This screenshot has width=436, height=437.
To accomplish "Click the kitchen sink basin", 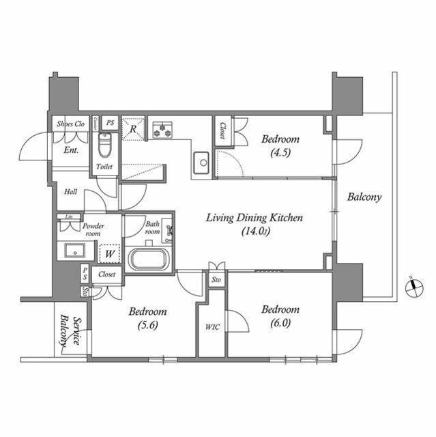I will point(202,163).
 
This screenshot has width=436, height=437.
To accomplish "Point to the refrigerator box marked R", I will point(134,128).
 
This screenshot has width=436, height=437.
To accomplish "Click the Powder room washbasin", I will point(73,250).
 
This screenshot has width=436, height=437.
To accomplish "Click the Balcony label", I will point(364,197).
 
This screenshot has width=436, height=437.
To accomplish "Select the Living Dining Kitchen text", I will point(255,218).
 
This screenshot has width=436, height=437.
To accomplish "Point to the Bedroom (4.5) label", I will point(280,145).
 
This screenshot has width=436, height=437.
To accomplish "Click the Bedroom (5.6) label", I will point(148,318).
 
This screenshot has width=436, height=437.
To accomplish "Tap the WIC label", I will point(212,326).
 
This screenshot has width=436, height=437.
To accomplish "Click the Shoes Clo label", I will point(70,124).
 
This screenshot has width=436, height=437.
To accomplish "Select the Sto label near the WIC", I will point(216,280).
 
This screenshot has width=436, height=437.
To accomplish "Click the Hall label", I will point(70,192).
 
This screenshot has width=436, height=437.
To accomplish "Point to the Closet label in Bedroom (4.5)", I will point(222,130).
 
